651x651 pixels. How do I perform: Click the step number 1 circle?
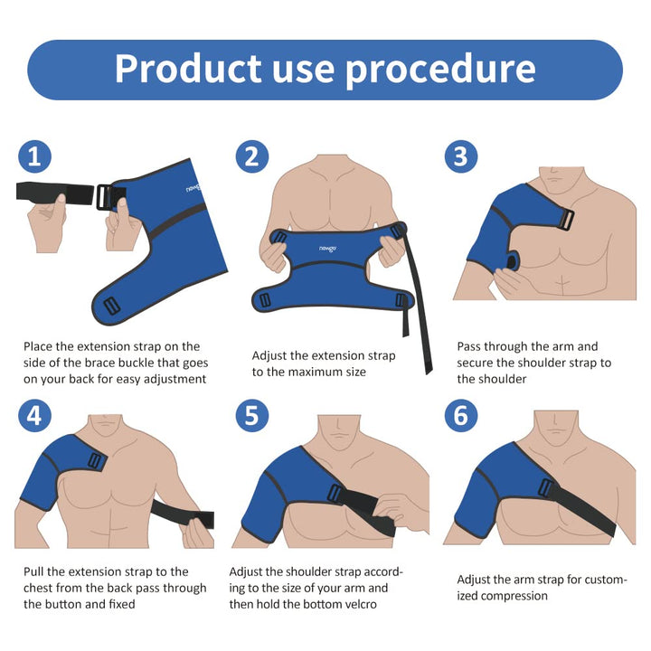pos(34,156)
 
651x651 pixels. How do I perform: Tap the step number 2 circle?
pos(252,156)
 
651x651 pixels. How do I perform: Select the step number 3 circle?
pos(461,156)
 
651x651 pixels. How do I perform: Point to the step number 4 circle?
pos(34,415)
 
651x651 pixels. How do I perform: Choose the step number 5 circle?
pos(252,415)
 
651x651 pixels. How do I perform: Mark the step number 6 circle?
pos(461,415)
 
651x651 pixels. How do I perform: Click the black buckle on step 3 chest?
pos(565,220)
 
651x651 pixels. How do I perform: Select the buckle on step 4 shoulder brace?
pos(94,461)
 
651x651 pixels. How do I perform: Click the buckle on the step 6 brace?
pos(546,487)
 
